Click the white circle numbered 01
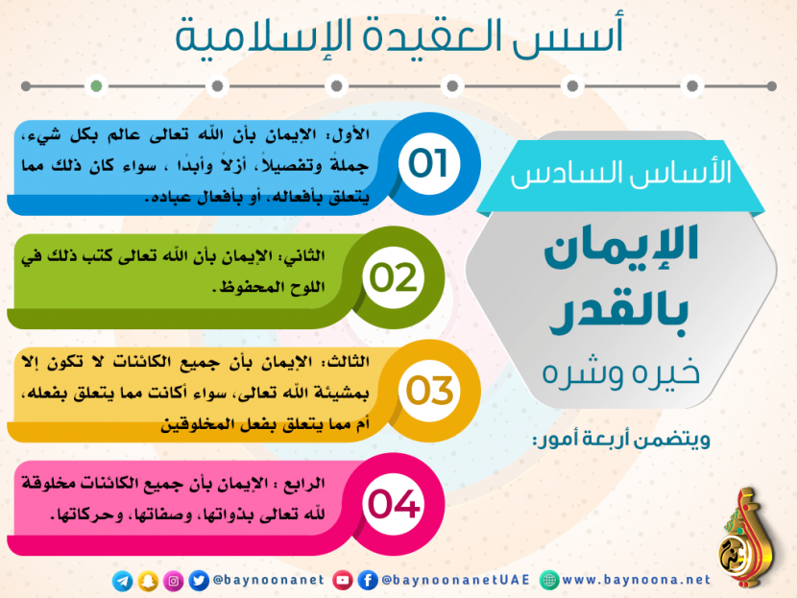coord(429,163)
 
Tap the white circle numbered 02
coord(393,277)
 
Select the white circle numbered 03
coord(429,391)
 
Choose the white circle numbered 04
coord(393,504)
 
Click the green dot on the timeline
coord(96,85)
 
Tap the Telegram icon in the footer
coord(123,581)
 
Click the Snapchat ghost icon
coord(148,581)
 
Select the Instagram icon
coord(174,581)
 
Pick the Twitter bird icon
coord(199,581)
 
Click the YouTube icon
coord(343,580)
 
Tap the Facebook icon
coord(368,580)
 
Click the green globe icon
coord(549,580)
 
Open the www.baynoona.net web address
coord(637,580)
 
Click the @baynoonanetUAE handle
coord(456,580)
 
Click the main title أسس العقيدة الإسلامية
coord(399,36)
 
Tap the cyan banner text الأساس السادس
coord(620,173)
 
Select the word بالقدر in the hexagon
coord(619,310)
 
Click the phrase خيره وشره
coord(620,373)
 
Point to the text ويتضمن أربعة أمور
coord(620,439)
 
